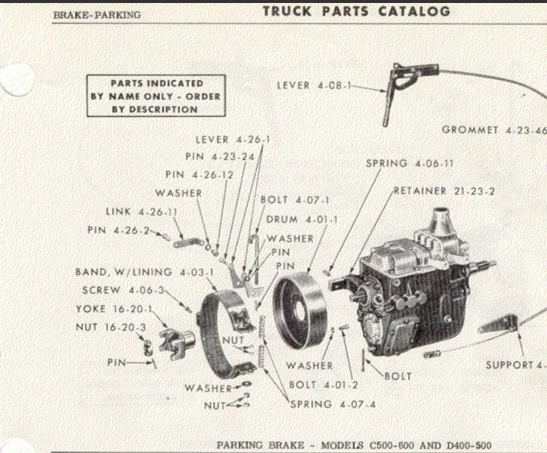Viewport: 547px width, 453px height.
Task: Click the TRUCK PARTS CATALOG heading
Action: pyautogui.click(x=357, y=11)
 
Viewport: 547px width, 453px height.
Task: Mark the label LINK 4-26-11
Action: pyautogui.click(x=142, y=212)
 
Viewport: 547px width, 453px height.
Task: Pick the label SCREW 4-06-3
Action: pyautogui.click(x=125, y=290)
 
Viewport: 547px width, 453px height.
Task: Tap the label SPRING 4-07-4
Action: pyautogui.click(x=333, y=404)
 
